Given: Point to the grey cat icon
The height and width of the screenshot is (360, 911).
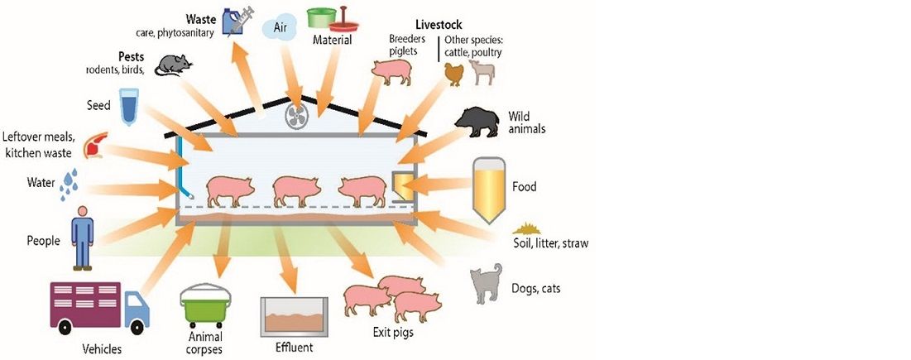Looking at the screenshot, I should (486, 284).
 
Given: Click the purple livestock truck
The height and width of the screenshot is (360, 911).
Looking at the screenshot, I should (99, 310).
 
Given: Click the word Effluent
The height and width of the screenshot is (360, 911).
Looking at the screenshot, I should (294, 348).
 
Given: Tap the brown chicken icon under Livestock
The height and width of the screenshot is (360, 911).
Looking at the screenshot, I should (454, 74).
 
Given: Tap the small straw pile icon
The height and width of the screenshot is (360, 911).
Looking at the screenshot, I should (526, 228).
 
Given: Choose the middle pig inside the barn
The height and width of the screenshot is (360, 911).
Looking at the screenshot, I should (295, 190).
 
